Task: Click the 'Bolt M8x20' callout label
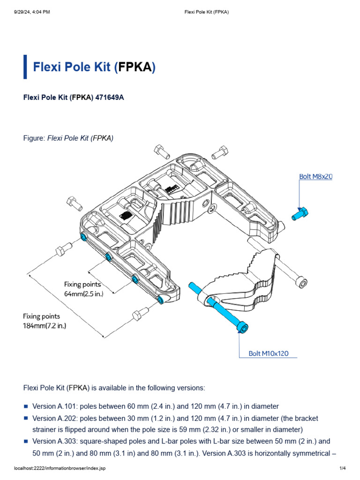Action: coord(315,177)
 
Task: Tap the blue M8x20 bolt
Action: coord(299,214)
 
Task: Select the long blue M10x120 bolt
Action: coord(217,307)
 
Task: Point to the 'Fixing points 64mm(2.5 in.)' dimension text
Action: coord(82,289)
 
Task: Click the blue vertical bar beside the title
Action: coord(25,67)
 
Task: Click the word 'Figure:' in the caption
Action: coord(34,138)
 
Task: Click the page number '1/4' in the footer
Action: coord(342,468)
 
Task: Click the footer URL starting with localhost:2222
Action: coord(60,468)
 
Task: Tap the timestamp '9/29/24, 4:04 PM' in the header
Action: coord(30,12)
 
